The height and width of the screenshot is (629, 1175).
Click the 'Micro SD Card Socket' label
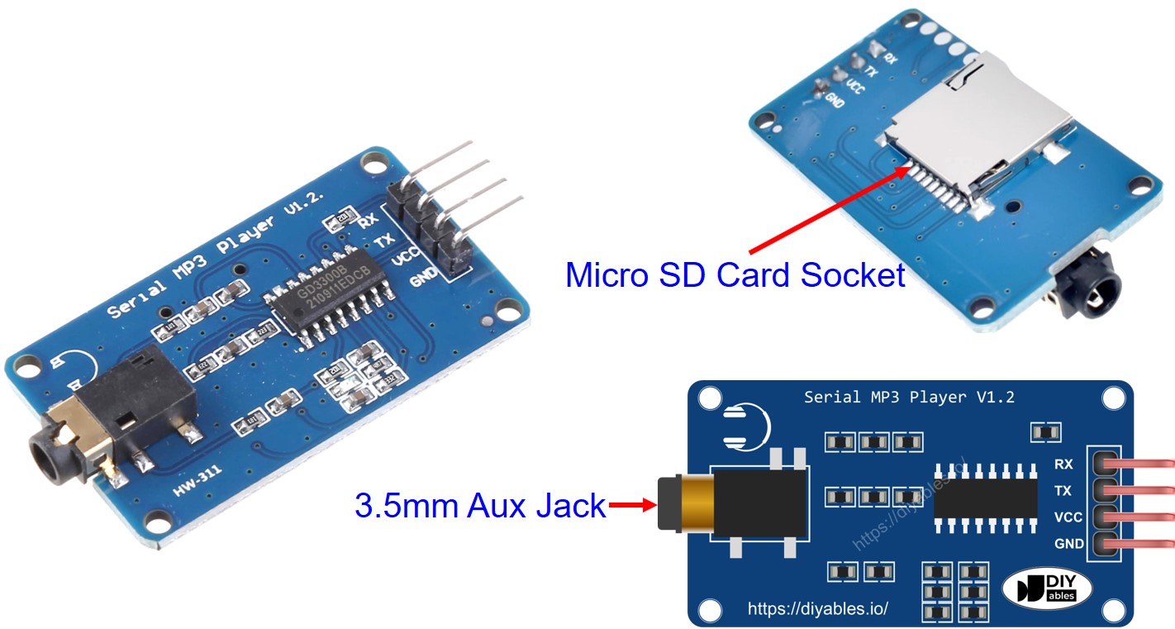tap(735, 274)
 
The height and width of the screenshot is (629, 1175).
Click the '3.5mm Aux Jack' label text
tap(480, 505)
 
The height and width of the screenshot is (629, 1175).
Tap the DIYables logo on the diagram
tap(1047, 588)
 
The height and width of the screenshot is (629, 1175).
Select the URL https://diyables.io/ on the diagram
tap(817, 609)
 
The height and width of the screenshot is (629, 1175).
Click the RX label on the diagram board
tap(1063, 465)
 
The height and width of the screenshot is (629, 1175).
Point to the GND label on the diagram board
tap(1063, 544)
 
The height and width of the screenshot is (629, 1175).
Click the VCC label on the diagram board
tap(1063, 517)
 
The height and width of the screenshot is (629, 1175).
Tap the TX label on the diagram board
tap(1063, 491)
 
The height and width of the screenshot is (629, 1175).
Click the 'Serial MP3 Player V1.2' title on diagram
tap(909, 398)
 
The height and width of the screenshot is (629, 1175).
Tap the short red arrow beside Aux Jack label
tap(632, 505)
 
